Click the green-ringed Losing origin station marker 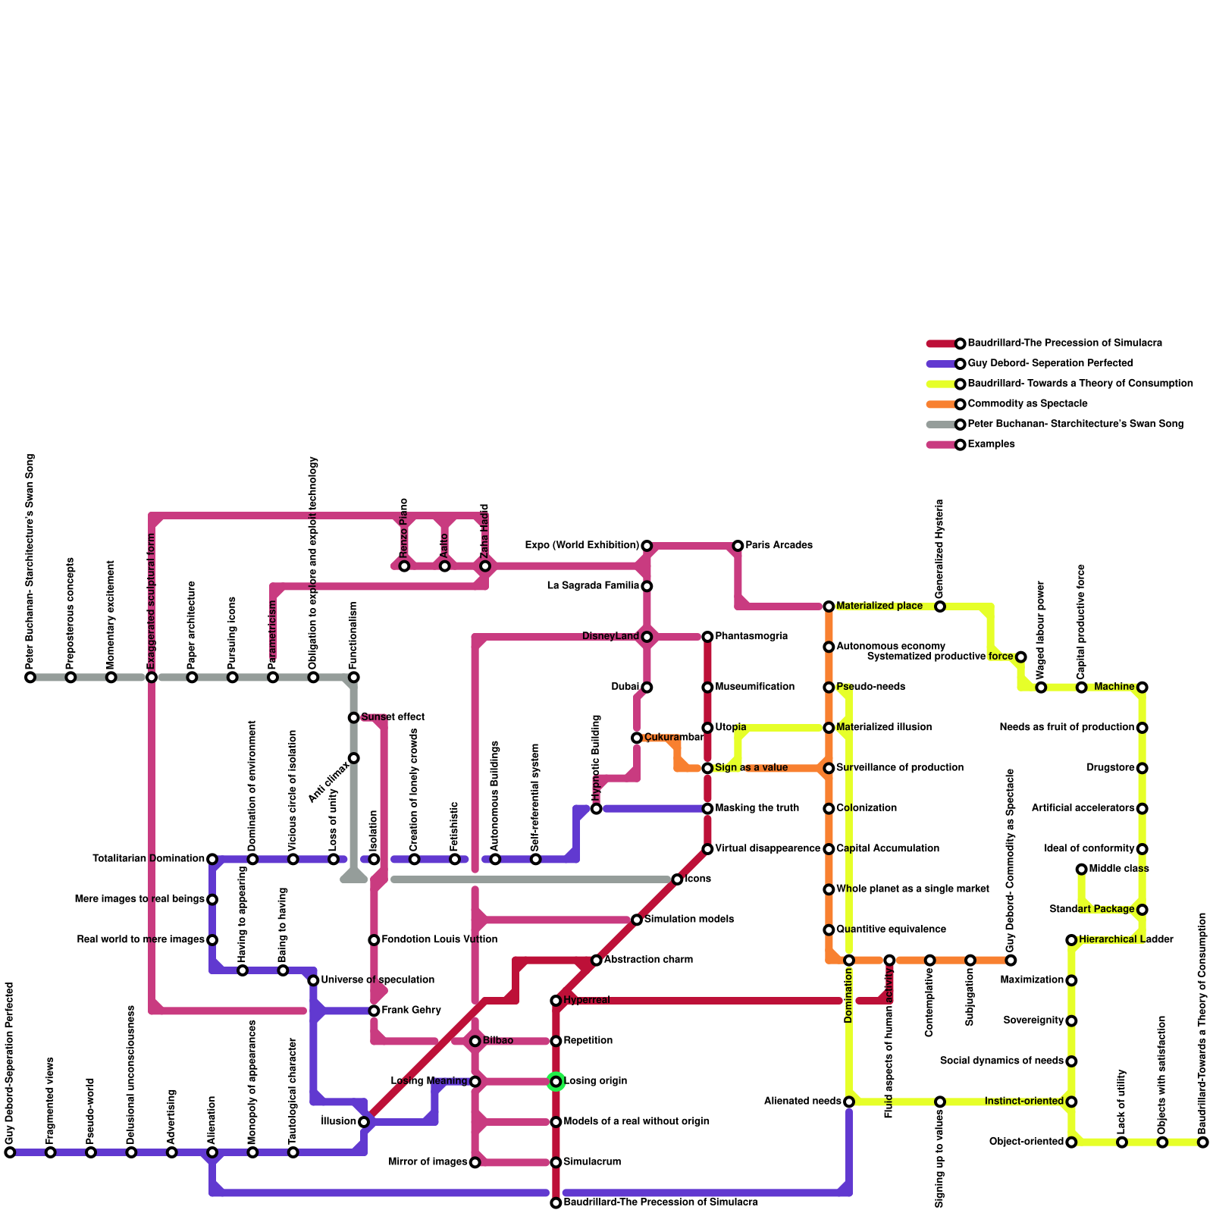tap(556, 1082)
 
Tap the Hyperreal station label tap(586, 1001)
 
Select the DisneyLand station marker tap(647, 637)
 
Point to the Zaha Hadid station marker tap(485, 566)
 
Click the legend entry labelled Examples tap(991, 444)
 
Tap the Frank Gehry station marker tap(374, 1011)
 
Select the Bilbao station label tap(498, 1041)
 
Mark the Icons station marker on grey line tap(677, 879)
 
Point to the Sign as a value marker tap(707, 768)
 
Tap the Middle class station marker tap(1082, 870)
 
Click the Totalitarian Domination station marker tap(212, 859)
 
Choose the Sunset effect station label tap(392, 717)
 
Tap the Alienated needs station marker tap(849, 1102)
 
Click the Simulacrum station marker tap(556, 1162)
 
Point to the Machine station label tap(1114, 687)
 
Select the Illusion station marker tap(364, 1122)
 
